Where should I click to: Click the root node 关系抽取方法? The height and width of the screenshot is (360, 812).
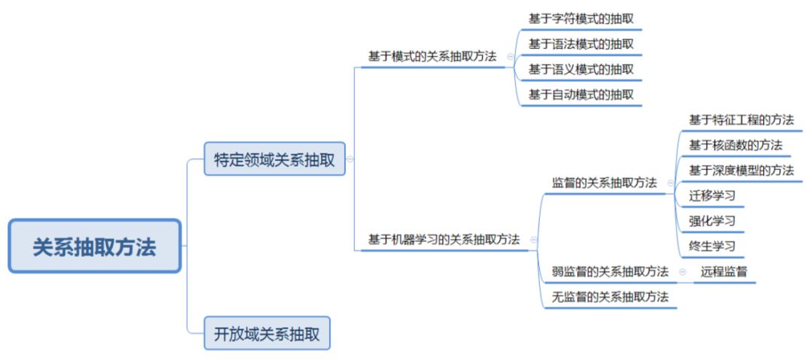[x=94, y=247]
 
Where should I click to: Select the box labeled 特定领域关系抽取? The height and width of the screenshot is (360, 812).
[x=274, y=159]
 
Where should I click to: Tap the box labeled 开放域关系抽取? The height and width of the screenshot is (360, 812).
[x=267, y=333]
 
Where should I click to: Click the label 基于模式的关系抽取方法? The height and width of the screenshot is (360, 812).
[x=432, y=56]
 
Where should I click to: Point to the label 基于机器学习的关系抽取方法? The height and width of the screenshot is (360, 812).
[x=444, y=240]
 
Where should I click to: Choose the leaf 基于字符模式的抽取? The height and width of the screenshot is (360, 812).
[x=580, y=19]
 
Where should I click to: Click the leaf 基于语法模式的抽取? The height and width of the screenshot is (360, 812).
[x=580, y=44]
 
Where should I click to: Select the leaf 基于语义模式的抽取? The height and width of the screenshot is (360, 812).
[x=580, y=69]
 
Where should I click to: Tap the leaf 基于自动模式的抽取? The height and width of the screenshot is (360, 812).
[x=580, y=95]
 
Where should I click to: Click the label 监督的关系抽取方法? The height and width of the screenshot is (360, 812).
[x=604, y=183]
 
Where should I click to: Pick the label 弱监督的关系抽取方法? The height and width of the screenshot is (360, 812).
[x=610, y=271]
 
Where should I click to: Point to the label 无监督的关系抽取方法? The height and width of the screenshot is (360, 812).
[x=610, y=297]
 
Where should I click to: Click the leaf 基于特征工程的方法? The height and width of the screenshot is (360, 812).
[x=741, y=119]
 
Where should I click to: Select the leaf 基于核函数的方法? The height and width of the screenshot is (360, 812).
[x=735, y=144]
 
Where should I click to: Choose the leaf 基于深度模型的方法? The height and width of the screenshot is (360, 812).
[x=741, y=170]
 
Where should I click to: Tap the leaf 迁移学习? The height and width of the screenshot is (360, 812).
[x=711, y=196]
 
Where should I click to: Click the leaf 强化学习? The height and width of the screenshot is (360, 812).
[x=711, y=221]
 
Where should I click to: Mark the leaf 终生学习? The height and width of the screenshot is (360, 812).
[x=711, y=246]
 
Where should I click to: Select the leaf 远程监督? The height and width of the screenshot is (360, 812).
[x=723, y=271]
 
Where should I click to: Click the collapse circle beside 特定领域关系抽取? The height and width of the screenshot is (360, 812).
[x=350, y=159]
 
